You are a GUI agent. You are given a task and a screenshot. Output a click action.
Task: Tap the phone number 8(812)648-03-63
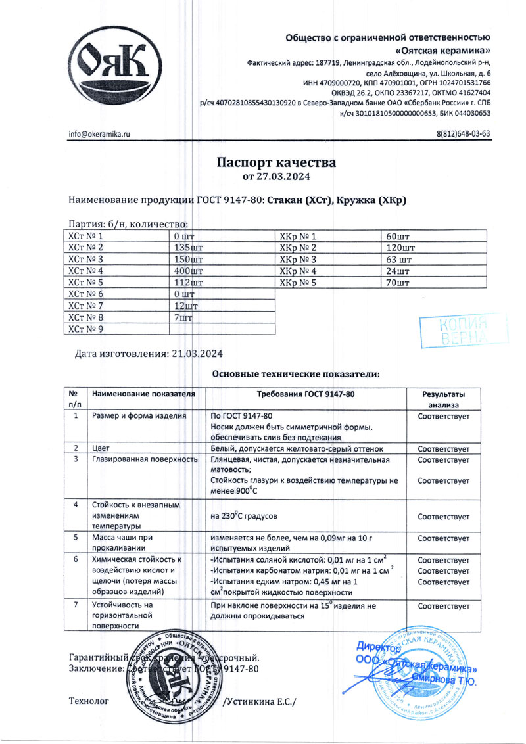coord(464,134)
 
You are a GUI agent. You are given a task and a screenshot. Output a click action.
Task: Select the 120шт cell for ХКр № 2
coord(401,247)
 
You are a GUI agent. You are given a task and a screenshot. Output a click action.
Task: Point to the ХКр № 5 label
coord(299,283)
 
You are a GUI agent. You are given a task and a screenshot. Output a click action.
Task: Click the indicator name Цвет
coord(101,448)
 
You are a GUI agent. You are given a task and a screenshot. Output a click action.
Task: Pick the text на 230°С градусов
coord(249,516)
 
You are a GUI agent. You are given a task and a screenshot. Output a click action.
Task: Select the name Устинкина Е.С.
coord(260,702)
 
